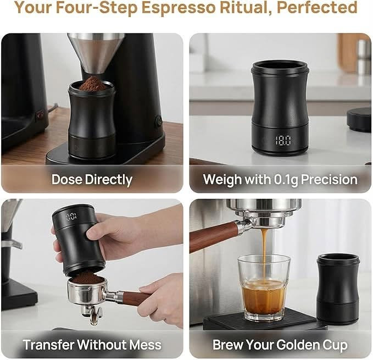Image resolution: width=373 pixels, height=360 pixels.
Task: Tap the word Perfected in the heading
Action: pyautogui.click(x=317, y=7)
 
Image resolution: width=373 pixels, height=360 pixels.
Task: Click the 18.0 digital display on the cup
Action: pyautogui.click(x=283, y=140)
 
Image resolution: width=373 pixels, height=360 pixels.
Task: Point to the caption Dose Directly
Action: pyautogui.click(x=92, y=180)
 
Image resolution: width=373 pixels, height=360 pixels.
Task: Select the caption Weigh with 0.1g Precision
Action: pyautogui.click(x=280, y=180)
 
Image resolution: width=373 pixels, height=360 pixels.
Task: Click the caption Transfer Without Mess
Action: pyautogui.click(x=92, y=345)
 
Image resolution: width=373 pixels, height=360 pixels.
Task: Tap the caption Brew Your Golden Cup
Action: pyautogui.click(x=280, y=345)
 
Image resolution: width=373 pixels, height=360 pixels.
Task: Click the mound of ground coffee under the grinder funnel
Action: pyautogui.click(x=92, y=84)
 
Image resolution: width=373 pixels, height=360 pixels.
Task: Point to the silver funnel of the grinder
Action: pyautogui.click(x=96, y=53)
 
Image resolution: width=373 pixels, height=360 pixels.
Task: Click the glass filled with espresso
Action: pyautogui.click(x=264, y=287)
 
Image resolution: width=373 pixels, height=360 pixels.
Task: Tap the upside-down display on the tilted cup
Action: pyautogui.click(x=71, y=217)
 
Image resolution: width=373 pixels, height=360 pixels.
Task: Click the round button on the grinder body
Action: pyautogui.click(x=158, y=120)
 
